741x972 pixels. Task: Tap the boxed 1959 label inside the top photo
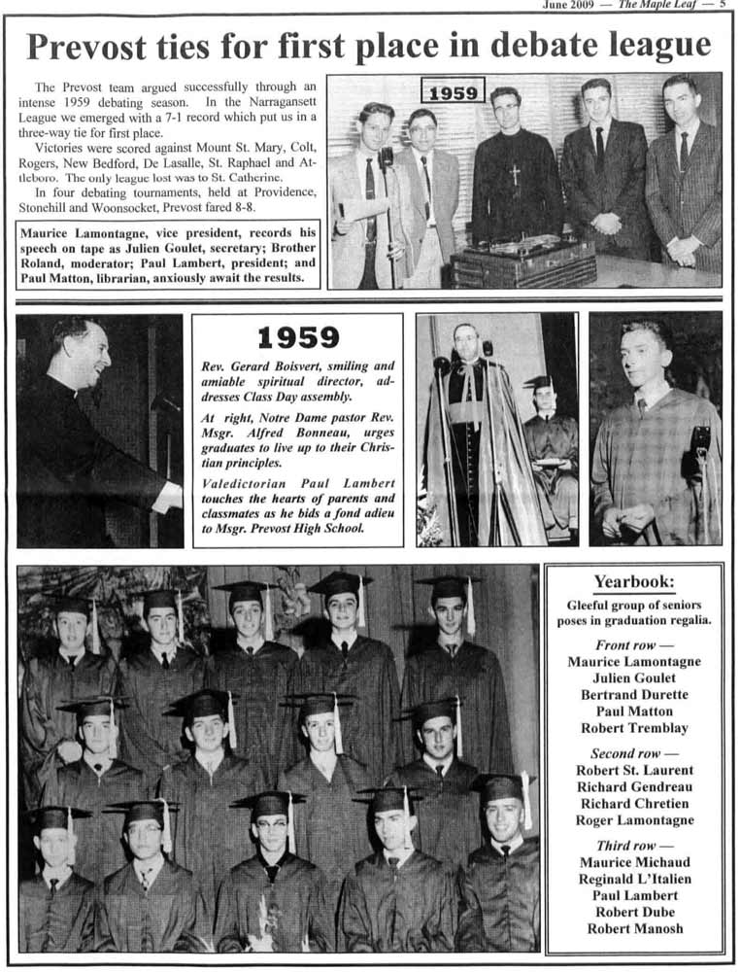453,91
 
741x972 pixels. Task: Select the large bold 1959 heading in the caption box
297,338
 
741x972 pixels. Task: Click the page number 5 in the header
723,5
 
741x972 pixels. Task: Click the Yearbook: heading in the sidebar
633,582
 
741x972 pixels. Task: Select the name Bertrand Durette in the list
633,695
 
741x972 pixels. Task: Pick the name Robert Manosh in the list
633,928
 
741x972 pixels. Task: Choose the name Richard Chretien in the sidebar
633,804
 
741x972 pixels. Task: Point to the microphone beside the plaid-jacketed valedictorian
699,442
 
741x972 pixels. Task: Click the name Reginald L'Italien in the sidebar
633,879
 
